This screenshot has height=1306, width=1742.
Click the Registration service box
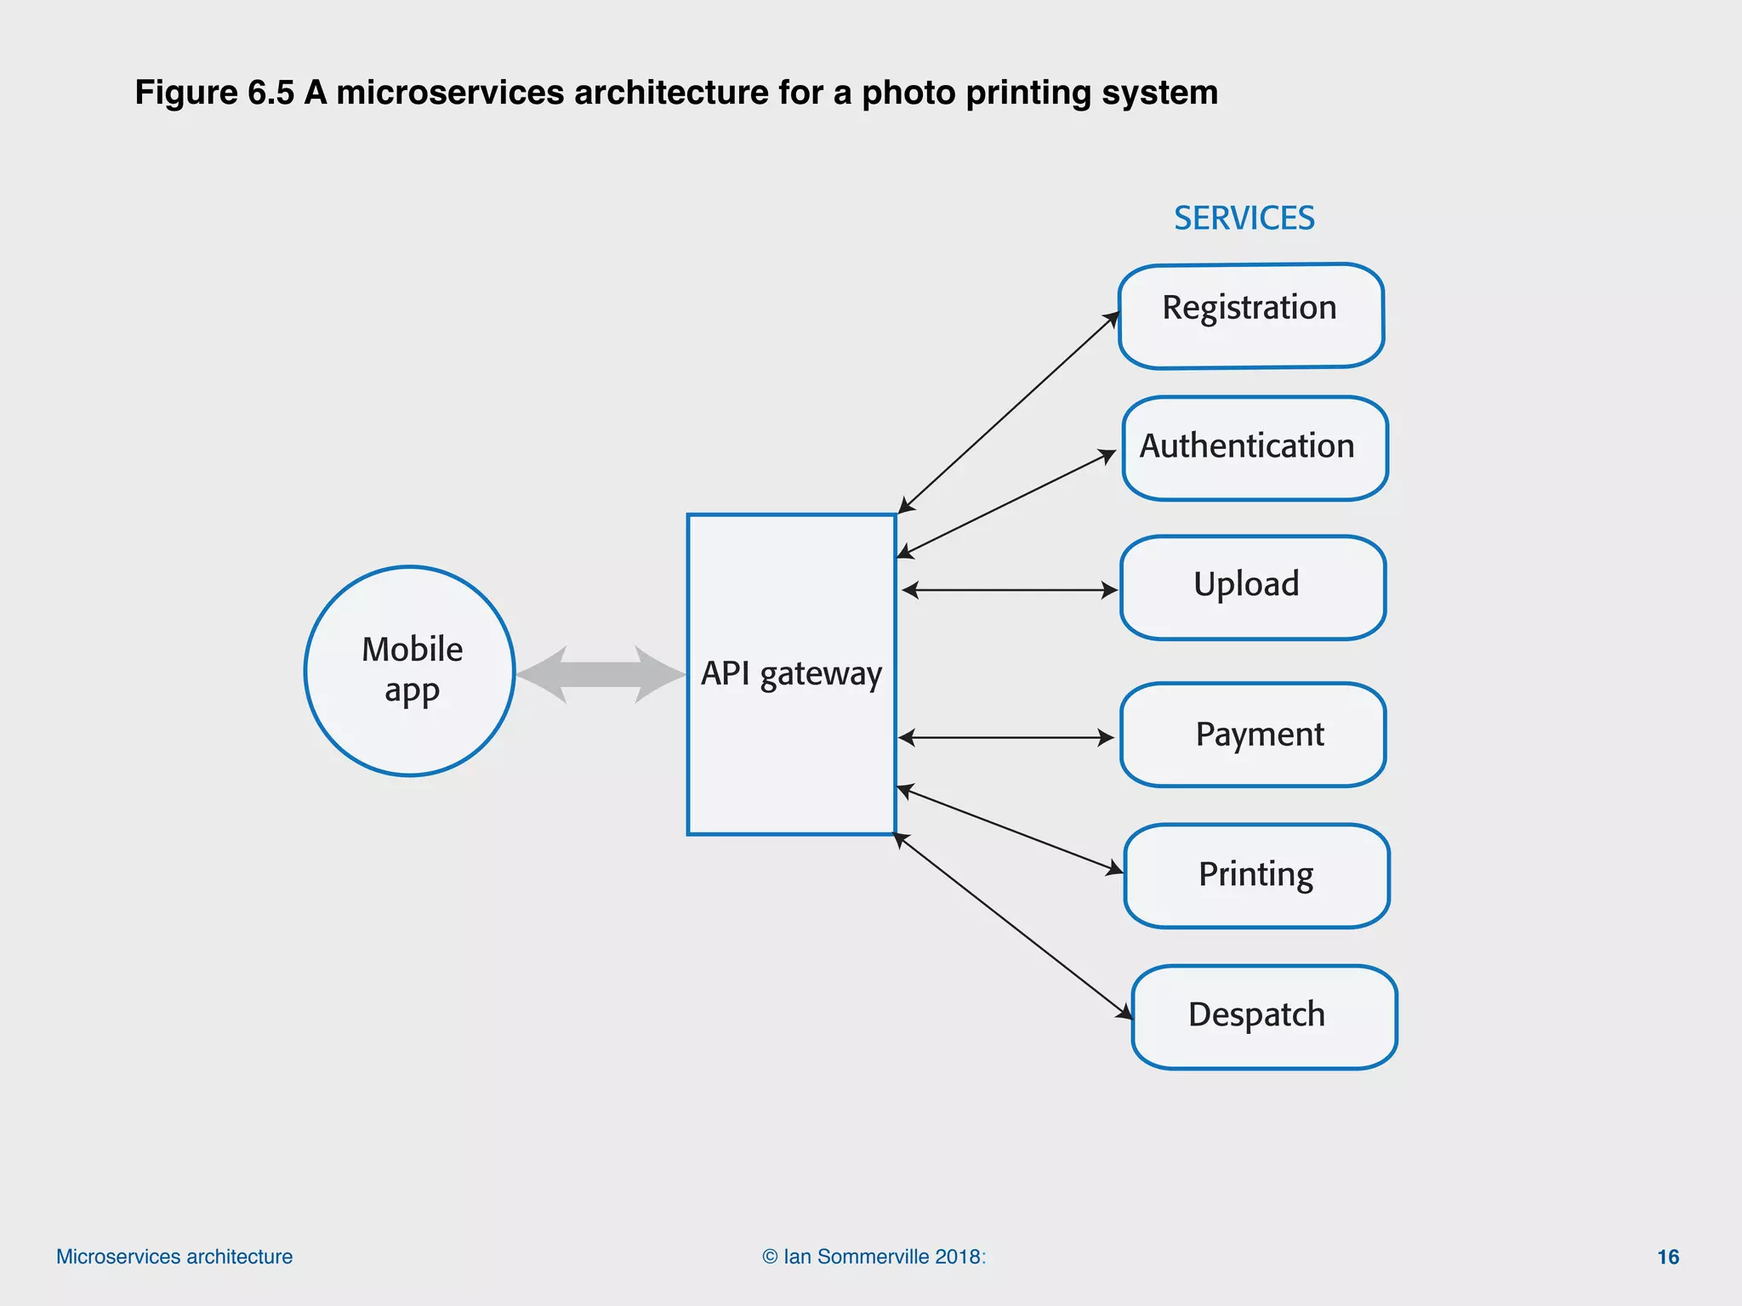pos(1250,316)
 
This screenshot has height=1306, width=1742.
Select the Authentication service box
pos(1255,448)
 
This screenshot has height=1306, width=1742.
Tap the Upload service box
pos(1252,587)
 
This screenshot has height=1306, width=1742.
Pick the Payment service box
pos(1252,735)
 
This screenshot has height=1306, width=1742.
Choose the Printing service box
pos(1255,876)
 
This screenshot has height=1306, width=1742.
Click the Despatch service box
pos(1263,1017)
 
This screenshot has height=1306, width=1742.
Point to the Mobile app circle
pos(410,671)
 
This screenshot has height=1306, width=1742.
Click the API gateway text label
pos(791,673)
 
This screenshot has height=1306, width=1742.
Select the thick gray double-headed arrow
pos(601,674)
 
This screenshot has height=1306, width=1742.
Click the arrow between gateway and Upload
pos(1009,589)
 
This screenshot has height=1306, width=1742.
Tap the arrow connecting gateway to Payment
pos(1005,737)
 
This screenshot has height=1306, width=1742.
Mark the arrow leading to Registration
pos(1009,412)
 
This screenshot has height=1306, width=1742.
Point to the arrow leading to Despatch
pos(1012,924)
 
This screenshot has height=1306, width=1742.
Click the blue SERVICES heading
pos(1244,219)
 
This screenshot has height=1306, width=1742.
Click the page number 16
pos(1668,1257)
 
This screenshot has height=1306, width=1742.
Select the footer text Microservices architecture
pos(174,1257)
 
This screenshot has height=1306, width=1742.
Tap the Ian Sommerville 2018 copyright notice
pos(874,1257)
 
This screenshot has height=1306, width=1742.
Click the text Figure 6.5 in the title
pos(214,93)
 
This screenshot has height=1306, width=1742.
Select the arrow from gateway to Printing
pos(1010,830)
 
